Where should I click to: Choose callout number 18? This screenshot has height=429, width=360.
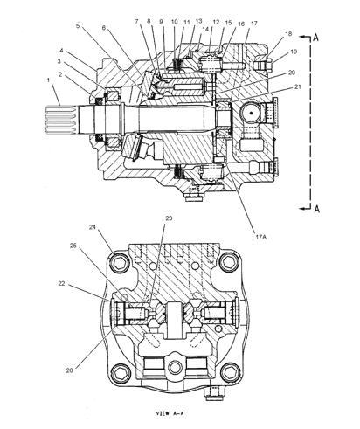pyautogui.click(x=289, y=32)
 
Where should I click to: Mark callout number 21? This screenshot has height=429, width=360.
pyautogui.click(x=299, y=87)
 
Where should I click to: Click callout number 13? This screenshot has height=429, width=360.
pyautogui.click(x=198, y=20)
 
